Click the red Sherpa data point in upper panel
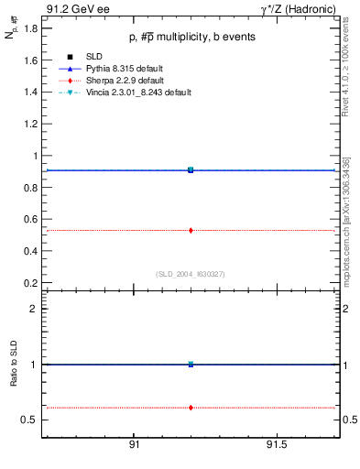pos(191,230)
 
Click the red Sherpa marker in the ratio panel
pos(191,407)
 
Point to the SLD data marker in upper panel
pos(191,169)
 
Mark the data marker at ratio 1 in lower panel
pos(191,364)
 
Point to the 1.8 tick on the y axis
pos(30,28)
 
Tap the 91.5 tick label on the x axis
pos(277,445)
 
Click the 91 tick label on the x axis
pos(134,445)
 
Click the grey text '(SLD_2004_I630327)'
pos(190,274)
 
